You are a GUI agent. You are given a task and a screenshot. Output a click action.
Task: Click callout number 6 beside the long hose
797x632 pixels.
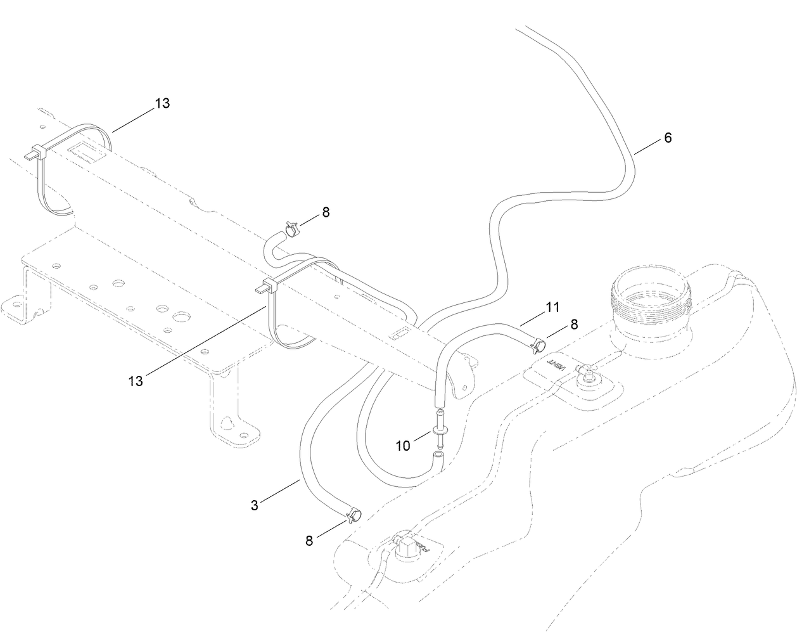[668, 138]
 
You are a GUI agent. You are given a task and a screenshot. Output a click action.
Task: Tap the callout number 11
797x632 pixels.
[552, 307]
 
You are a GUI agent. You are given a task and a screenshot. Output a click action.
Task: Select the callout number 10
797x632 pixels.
[403, 446]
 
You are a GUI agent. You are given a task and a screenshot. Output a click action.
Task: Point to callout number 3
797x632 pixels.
[254, 505]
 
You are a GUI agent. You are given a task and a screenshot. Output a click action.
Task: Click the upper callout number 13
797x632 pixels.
[162, 103]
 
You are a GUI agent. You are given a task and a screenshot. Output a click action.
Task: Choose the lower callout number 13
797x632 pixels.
[136, 380]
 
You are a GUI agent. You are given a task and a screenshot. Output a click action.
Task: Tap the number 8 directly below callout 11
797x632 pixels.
[574, 325]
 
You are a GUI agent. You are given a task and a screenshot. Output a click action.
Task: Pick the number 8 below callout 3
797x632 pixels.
[309, 541]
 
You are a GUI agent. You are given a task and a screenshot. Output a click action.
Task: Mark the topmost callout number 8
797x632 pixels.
[326, 212]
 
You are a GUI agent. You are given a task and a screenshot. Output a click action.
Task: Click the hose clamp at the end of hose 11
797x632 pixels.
[537, 345]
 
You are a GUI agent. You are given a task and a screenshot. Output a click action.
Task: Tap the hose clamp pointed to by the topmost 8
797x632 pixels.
[291, 228]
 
